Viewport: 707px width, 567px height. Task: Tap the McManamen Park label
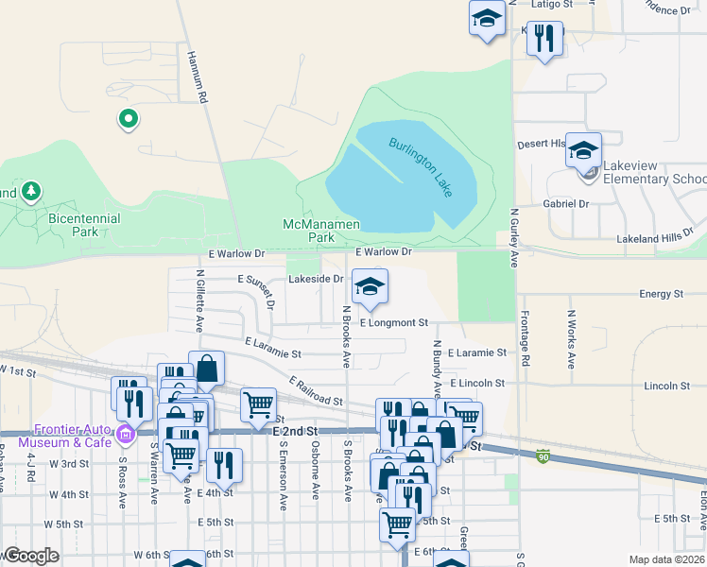point(321,232)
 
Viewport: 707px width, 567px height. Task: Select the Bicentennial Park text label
point(84,224)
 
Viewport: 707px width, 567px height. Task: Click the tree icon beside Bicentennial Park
point(31,192)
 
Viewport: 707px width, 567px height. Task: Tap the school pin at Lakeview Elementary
point(583,149)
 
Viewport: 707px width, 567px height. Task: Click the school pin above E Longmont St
point(370,287)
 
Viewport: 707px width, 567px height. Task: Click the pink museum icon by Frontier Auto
point(126,435)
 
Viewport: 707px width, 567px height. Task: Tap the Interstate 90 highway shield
point(543,455)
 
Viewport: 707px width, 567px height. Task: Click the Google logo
point(31,556)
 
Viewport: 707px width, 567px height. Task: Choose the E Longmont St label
point(393,322)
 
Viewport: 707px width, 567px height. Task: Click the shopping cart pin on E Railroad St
point(257,404)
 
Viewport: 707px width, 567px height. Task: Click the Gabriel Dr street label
point(566,203)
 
